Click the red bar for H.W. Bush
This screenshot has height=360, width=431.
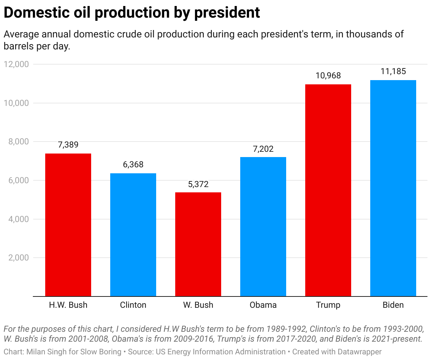pyautogui.click(x=68, y=225)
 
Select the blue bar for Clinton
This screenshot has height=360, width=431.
pyautogui.click(x=133, y=235)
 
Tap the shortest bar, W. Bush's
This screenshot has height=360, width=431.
pyautogui.click(x=198, y=244)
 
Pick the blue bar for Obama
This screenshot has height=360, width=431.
pyautogui.click(x=263, y=227)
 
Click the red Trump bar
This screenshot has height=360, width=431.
pyautogui.click(x=328, y=190)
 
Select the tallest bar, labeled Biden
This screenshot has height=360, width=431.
pyautogui.click(x=393, y=188)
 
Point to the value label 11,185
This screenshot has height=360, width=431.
pyautogui.click(x=393, y=71)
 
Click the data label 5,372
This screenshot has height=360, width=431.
pyautogui.click(x=198, y=184)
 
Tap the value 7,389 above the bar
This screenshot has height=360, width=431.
pyautogui.click(x=68, y=145)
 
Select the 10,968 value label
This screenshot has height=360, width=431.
pyautogui.click(x=328, y=76)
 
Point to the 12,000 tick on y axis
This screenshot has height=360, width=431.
pyautogui.click(x=16, y=64)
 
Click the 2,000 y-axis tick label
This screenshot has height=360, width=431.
pyautogui.click(x=18, y=258)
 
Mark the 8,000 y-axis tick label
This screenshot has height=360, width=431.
pyautogui.click(x=18, y=142)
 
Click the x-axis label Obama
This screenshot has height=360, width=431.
pyautogui.click(x=263, y=305)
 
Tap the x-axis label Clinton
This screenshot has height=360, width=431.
pyautogui.click(x=133, y=305)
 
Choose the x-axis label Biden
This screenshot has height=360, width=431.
pyautogui.click(x=393, y=305)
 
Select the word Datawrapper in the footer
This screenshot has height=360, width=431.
pyautogui.click(x=360, y=352)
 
